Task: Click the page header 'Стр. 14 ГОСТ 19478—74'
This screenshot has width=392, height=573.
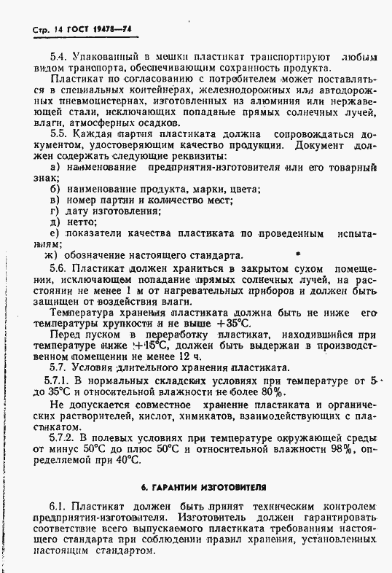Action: (x=76, y=29)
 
